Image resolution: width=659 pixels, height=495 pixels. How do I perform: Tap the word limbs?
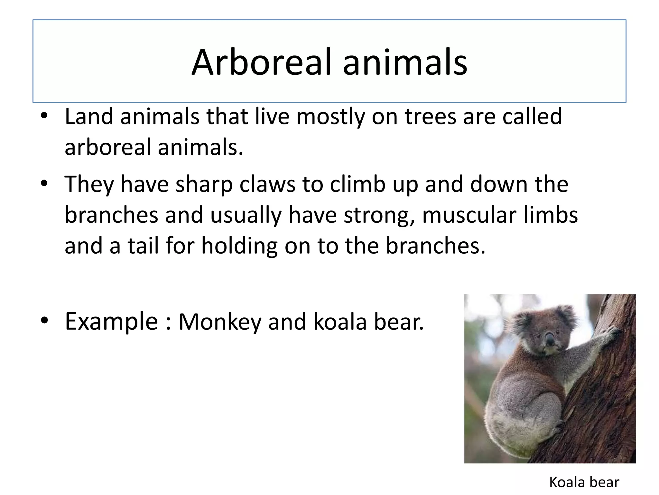(x=551, y=215)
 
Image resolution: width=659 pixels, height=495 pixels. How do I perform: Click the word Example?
(x=111, y=322)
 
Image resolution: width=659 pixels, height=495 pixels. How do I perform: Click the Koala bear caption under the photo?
(x=584, y=482)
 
